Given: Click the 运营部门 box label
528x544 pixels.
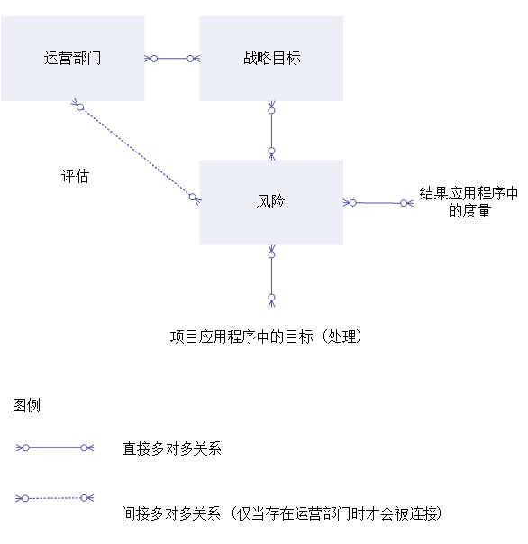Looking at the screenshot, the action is coord(72,58).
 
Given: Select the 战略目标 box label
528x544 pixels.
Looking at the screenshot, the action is coord(271,58).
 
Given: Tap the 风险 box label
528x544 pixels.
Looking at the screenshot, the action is coord(270,201).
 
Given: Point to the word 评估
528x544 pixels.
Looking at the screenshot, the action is coord(75,176).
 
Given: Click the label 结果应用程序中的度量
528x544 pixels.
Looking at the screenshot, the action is coord(469,202).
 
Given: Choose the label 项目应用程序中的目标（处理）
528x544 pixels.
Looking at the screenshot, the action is coord(266,337).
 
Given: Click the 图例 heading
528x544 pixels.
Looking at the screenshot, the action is coord(26,405).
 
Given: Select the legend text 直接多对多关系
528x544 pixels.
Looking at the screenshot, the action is coord(171,448).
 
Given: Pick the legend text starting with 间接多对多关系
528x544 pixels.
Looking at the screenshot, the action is coord(282,513).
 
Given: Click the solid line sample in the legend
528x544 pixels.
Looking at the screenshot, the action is coord(55,447).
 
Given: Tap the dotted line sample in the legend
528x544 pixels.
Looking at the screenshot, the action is coord(55,498).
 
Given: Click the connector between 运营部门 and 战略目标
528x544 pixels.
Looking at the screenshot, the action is coord(172,59).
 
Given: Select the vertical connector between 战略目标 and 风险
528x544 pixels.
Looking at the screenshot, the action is coord(271,131).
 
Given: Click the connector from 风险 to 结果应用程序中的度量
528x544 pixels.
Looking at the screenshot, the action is coord(378,203).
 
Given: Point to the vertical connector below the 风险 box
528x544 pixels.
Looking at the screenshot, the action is coord(271,276).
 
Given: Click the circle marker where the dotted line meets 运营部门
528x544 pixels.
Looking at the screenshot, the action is coord(80,107).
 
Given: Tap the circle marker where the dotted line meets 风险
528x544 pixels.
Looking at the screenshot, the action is coord(193,197).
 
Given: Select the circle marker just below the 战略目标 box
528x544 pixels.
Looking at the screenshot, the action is coord(271,111).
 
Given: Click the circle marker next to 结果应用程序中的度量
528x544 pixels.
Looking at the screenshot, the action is coord(404,203).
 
